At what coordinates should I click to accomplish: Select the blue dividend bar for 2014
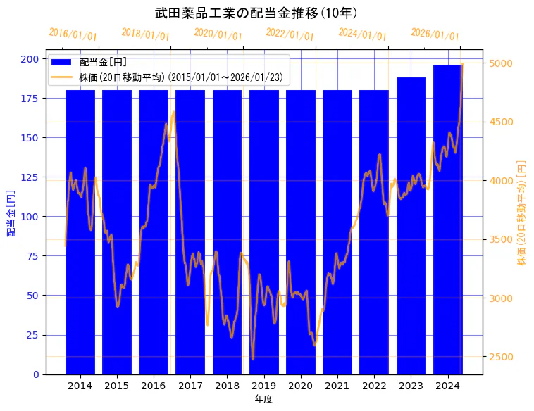coord(80,232)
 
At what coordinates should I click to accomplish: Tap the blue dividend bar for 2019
coord(263,232)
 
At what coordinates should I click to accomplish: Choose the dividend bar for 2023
coord(411,225)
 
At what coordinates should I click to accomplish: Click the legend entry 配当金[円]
coord(103,63)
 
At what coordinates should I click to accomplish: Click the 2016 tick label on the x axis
coord(153,386)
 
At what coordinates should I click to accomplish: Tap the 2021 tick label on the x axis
coord(337,386)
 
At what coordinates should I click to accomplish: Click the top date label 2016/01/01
coord(73,34)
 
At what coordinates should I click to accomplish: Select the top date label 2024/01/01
coord(363,34)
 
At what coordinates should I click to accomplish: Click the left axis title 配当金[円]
coord(11,213)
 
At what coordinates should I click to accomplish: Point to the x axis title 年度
coord(263,399)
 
